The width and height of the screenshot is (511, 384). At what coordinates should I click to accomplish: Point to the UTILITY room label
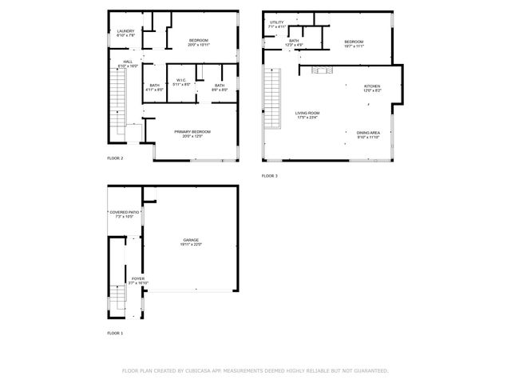[x=277, y=24]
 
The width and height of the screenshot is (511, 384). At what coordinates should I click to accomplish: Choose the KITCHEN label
[x=372, y=88]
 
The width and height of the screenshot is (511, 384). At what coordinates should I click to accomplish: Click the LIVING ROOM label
[x=307, y=115]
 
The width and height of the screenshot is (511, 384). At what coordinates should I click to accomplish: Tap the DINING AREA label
[x=368, y=134]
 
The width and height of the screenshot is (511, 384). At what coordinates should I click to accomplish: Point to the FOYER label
[x=138, y=280]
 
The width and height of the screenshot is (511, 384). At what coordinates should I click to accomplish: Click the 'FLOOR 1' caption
[x=116, y=333]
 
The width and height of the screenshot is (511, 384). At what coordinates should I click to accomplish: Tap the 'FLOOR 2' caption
[x=116, y=158]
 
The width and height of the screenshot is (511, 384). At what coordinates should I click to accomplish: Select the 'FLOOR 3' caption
[x=270, y=175]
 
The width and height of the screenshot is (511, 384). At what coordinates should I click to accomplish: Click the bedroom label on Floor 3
[x=354, y=43]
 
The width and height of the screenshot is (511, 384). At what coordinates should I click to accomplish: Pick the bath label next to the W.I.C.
[x=219, y=87]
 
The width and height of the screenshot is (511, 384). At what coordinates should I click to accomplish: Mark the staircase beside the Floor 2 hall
[x=119, y=96]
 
